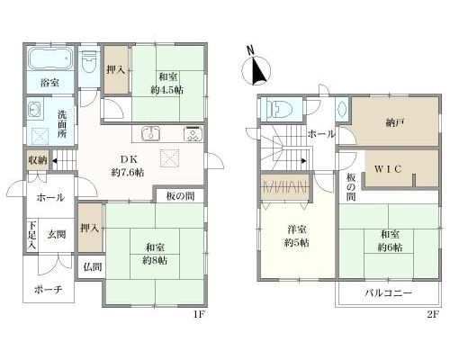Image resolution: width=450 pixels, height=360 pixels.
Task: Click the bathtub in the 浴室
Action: pos(49,58)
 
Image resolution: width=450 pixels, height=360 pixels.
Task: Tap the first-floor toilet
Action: pos(89,62)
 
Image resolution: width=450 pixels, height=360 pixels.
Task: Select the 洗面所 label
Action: pos(62,124)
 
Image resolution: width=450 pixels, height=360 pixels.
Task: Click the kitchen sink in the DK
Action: pos(151,133)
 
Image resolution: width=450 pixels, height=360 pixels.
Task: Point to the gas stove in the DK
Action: pos(193,133)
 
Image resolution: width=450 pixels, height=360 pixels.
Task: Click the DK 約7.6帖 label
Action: pos(128,166)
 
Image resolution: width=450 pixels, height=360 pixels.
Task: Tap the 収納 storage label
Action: pos(38,160)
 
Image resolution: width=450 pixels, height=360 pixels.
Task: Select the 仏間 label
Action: pos(93,267)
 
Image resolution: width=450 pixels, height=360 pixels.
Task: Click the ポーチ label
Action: pos(49,290)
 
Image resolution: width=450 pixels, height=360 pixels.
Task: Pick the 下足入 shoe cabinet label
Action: pos(32,235)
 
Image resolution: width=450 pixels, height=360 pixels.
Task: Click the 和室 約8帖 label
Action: pos(155,254)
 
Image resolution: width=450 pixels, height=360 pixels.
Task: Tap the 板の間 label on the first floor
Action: pos(180,196)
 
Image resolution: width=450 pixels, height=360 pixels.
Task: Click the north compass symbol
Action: pos(256,69)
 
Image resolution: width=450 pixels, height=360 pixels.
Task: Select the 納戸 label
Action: pos(395,122)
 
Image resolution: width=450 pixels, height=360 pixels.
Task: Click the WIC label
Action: pos(388,169)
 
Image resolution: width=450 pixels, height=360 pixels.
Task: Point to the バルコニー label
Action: pos(388,292)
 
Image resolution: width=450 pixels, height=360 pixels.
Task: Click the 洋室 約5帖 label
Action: pos(297,236)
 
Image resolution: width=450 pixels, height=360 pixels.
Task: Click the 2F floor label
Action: pos(433,315)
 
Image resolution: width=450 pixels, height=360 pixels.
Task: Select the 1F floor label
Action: pos(199,315)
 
